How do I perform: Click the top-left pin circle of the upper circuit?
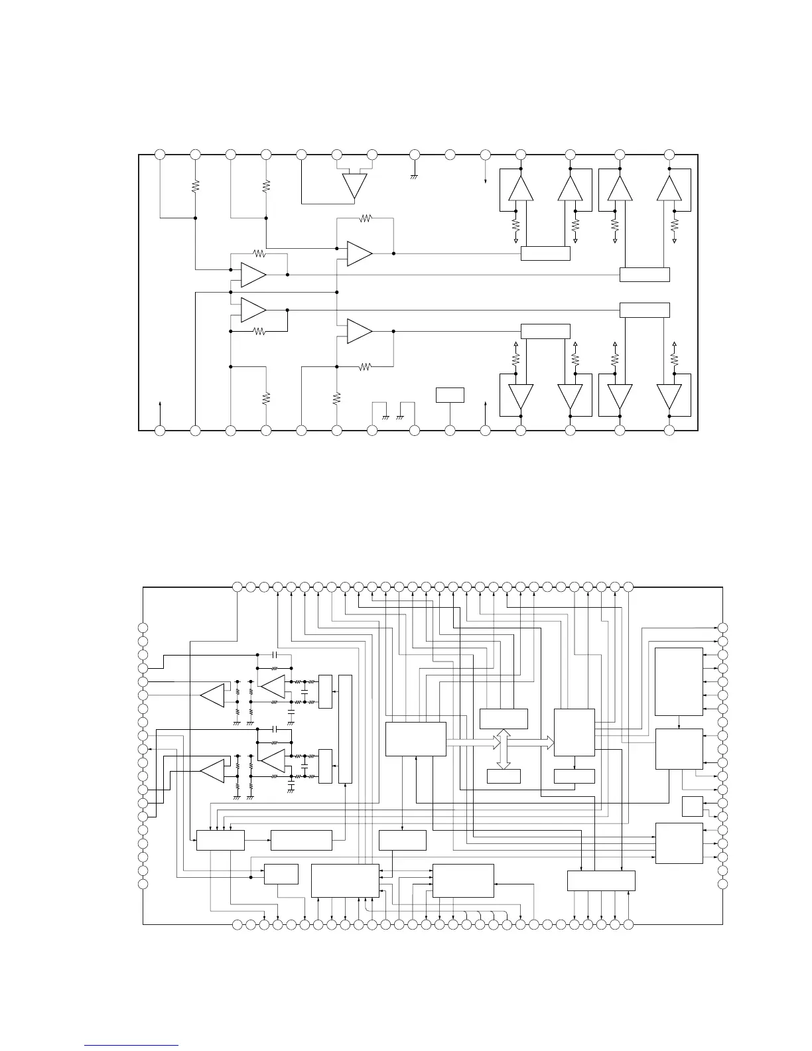pos(160,155)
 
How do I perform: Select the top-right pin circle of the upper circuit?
pos(669,155)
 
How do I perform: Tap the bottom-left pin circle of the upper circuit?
pos(160,431)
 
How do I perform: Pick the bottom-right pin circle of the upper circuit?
pos(669,431)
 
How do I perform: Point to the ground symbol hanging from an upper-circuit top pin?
pos(415,176)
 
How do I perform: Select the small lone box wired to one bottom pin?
pos(450,394)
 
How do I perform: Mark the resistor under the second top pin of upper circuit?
pos(195,187)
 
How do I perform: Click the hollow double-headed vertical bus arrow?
pos(504,750)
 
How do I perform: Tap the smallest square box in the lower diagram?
pos(692,806)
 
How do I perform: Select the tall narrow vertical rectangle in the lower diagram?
pos(345,729)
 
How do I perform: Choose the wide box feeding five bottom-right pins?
pos(601,880)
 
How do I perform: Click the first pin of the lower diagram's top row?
pos(237,587)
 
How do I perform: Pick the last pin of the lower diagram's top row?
pos(629,587)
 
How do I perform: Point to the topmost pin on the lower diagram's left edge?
pos(143,628)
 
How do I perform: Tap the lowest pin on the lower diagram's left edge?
pos(143,884)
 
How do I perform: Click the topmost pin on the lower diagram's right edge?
pos(723,628)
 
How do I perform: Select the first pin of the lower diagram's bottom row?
pos(237,924)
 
